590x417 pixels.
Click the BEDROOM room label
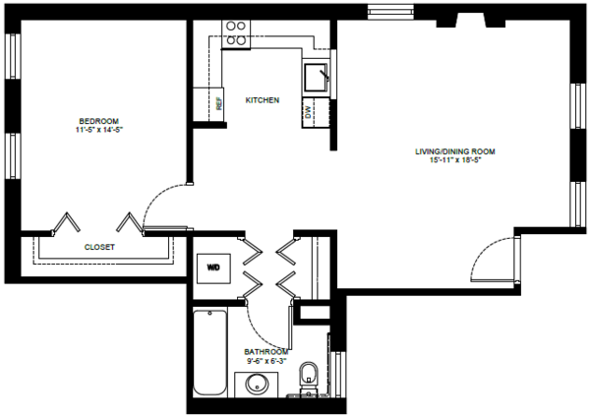point(99,121)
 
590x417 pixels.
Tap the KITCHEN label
point(263,100)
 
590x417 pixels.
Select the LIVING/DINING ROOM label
point(455,151)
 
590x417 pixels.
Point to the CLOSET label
point(99,247)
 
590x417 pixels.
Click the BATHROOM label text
point(266,352)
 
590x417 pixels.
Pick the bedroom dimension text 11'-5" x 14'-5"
point(99,130)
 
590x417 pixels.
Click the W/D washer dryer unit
point(213,268)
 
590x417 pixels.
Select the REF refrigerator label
point(219,104)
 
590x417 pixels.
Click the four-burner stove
point(236,34)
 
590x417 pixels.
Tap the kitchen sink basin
point(316,78)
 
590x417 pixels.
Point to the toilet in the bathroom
point(308,377)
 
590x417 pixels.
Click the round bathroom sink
point(257,385)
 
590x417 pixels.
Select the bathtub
point(210,352)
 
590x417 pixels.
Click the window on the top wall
point(390,11)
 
